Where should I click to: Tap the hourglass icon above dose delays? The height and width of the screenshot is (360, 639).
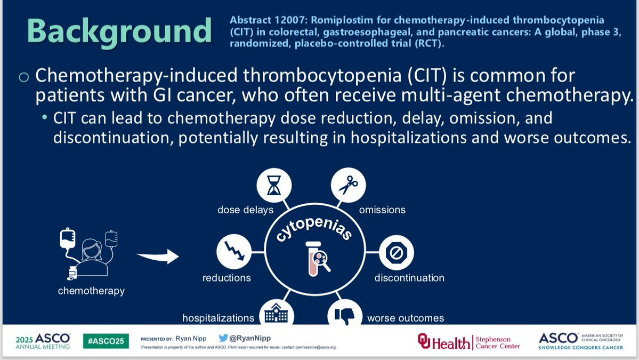[274, 185]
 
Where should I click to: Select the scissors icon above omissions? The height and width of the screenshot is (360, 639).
[348, 185]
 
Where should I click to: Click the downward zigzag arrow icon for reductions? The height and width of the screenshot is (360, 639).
[234, 252]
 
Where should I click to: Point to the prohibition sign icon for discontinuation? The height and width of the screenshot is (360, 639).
[396, 252]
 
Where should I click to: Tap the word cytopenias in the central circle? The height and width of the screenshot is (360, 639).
[314, 229]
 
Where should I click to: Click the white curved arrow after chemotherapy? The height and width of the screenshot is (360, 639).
[158, 257]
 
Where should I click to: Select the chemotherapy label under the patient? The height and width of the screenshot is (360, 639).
[91, 291]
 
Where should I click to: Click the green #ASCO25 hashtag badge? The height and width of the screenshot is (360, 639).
[106, 341]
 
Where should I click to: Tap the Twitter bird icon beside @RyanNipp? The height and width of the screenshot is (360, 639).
[223, 338]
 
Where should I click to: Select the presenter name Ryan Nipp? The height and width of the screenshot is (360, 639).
[191, 338]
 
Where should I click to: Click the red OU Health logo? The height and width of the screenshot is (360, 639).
[444, 342]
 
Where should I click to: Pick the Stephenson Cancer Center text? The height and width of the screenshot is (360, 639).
[498, 342]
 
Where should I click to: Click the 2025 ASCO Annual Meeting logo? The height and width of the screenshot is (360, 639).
[43, 341]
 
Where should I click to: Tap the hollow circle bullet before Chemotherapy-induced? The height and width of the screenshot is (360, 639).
[24, 77]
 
